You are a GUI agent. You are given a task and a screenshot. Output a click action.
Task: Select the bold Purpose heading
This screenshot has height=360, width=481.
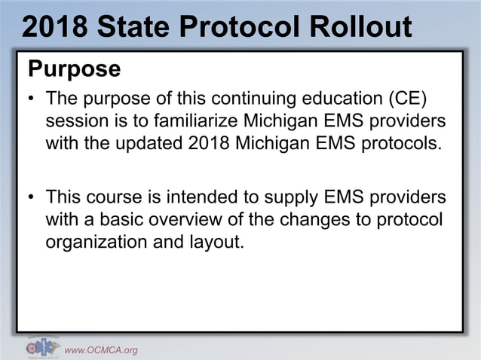coord(74,69)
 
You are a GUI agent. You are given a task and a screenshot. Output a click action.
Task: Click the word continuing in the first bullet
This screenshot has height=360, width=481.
coord(244,99)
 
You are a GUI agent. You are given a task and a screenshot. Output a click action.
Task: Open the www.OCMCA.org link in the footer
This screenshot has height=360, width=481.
coord(100,349)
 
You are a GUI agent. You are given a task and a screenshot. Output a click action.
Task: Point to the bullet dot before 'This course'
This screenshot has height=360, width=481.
coord(31,198)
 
